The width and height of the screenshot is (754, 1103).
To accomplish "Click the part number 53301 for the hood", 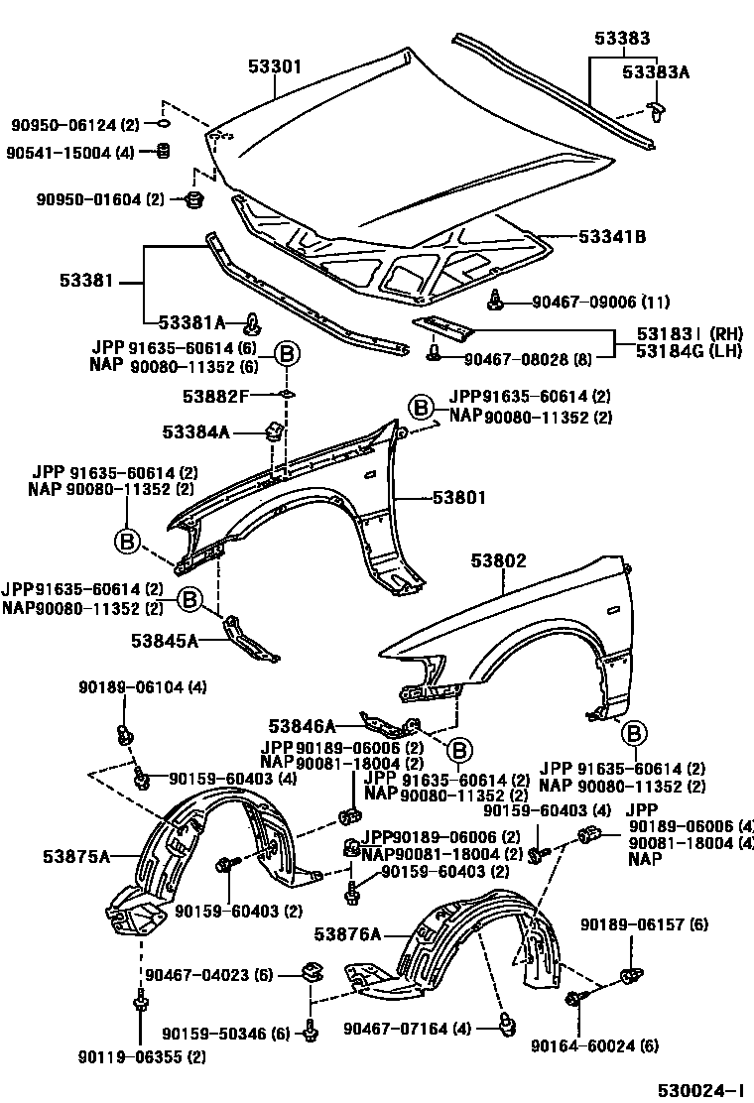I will (x=275, y=66).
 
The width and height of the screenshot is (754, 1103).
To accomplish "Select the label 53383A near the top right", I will (x=655, y=72).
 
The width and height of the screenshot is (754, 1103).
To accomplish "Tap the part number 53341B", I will (x=612, y=237).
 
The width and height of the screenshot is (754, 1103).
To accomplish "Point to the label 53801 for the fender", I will (x=458, y=497).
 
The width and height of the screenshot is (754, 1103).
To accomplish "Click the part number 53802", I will (x=498, y=561).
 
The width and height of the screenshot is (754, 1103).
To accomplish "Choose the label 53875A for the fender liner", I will (x=76, y=854).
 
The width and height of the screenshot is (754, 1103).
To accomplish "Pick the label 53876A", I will (x=347, y=933).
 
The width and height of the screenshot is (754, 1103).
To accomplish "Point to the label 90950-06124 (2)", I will (x=75, y=125).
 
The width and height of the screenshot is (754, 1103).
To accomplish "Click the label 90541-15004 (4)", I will (x=69, y=153).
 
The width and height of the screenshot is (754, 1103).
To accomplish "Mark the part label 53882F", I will (x=215, y=397).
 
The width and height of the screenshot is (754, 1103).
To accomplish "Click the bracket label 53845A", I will (x=164, y=641).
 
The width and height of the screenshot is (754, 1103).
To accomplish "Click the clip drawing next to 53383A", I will (x=655, y=110).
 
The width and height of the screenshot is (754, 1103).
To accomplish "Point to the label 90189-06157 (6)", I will (x=645, y=924).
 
